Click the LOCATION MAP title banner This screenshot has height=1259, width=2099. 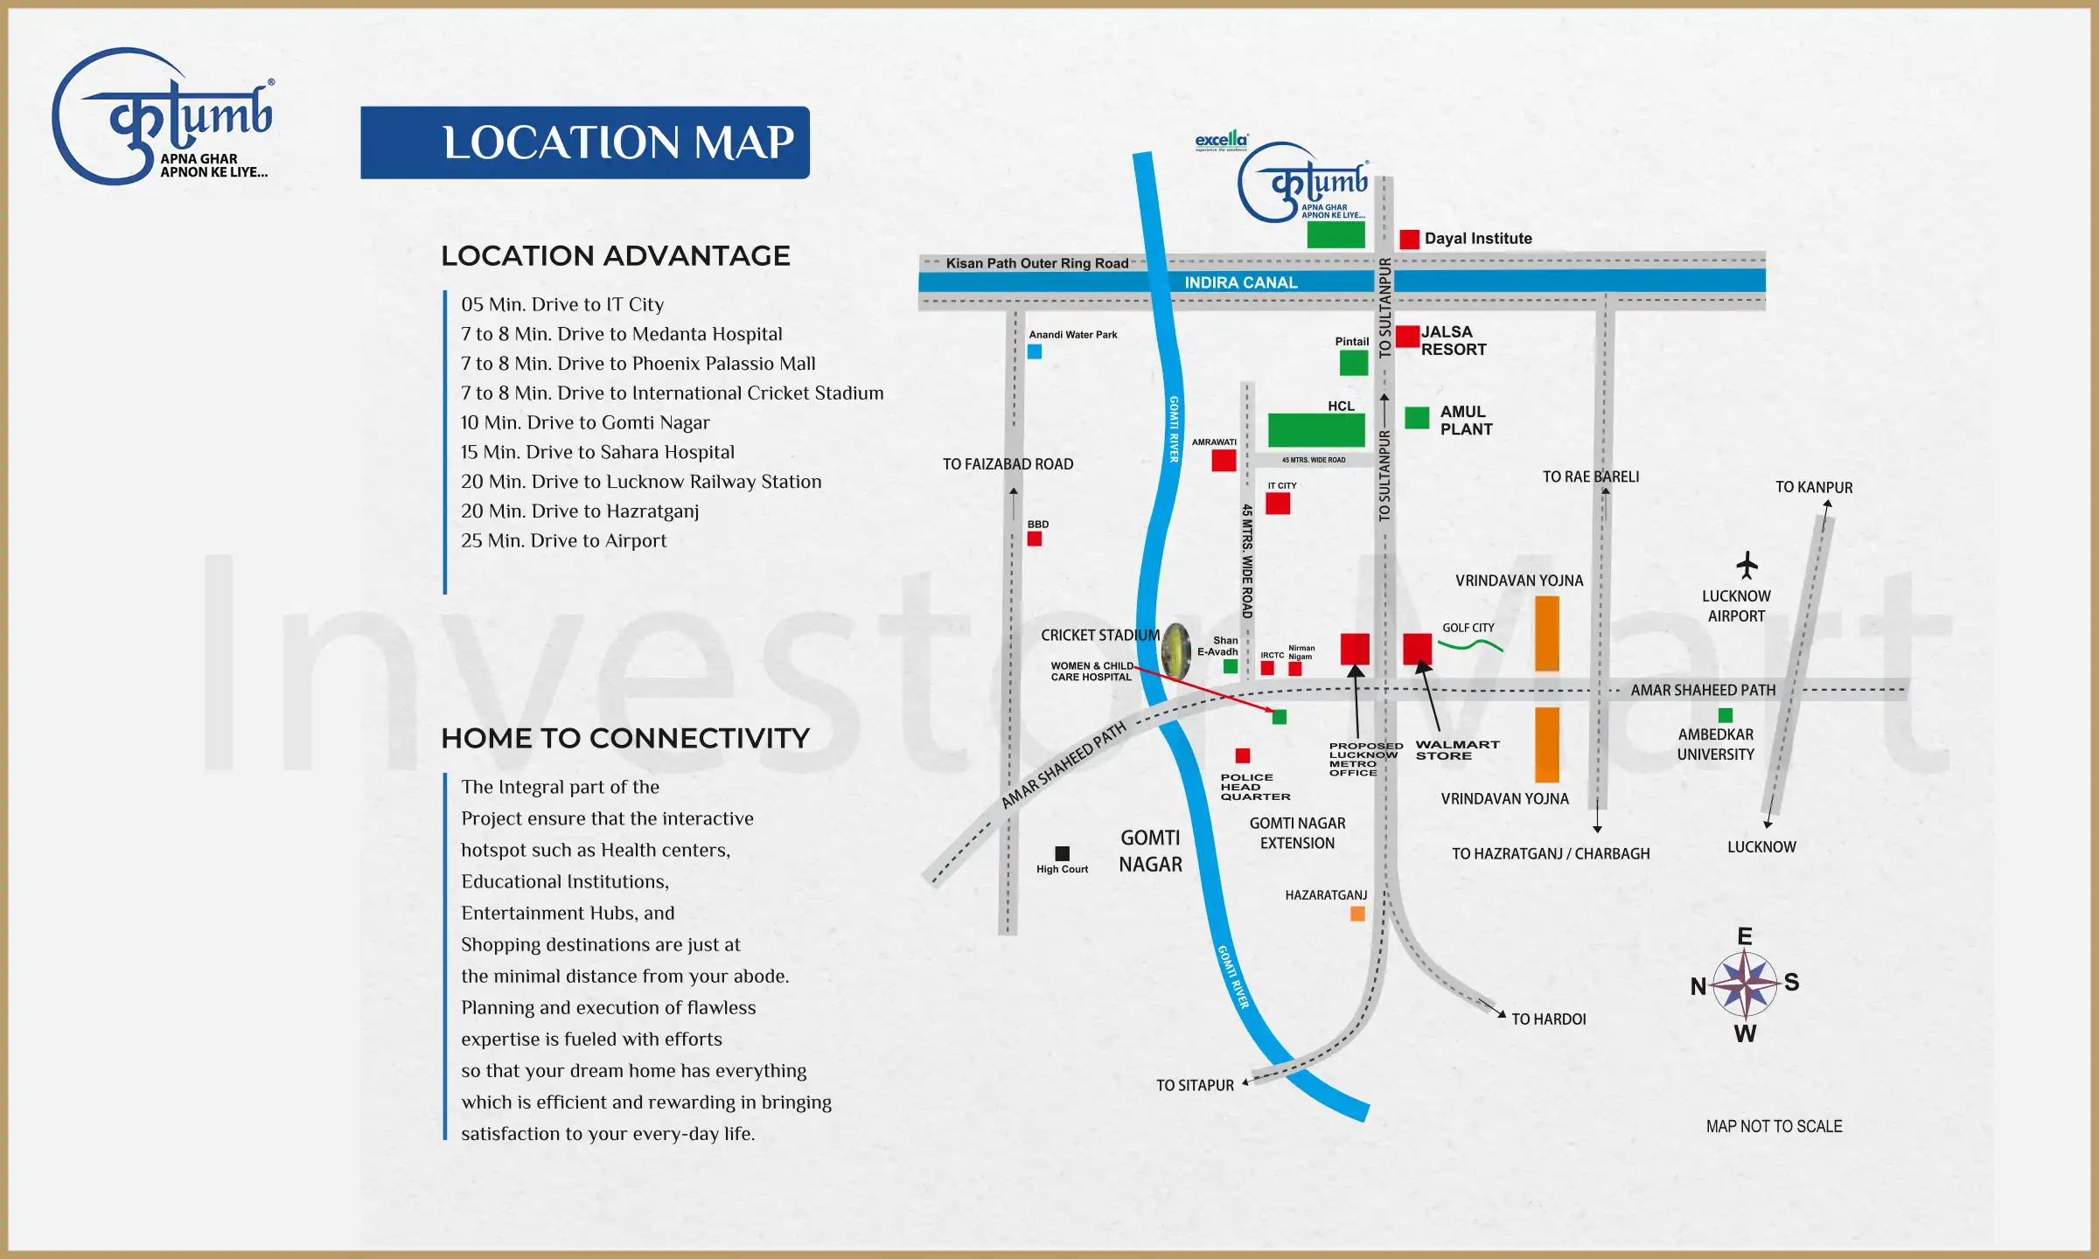point(584,143)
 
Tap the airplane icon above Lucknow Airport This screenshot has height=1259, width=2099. point(1747,566)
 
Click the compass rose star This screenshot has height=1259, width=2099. point(1744,984)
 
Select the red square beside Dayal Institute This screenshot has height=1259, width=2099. point(1409,240)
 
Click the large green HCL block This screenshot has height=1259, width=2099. point(1316,430)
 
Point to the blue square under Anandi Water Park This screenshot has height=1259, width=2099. point(1035,351)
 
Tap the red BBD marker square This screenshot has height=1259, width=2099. point(1035,539)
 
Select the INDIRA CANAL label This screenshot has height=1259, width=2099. point(1240,282)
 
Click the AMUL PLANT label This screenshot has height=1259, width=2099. point(1466,421)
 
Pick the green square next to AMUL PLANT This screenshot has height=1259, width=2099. point(1417,418)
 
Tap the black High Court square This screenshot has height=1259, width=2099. point(1062,853)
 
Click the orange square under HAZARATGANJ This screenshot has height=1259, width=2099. point(1357,914)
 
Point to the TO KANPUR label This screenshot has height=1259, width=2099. point(1813,488)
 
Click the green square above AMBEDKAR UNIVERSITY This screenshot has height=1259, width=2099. point(1726,715)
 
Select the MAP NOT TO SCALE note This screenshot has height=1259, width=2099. point(1774,1127)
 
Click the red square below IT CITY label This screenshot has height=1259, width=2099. point(1278,504)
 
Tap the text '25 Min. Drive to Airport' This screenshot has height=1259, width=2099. point(563,541)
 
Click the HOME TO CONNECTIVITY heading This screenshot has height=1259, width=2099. point(625,739)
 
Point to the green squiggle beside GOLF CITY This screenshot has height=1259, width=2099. point(1470,646)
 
